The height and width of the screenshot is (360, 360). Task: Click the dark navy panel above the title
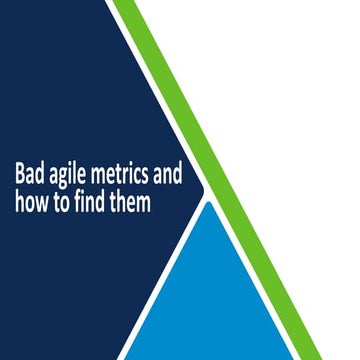[80, 80]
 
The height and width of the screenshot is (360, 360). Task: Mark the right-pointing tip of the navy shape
[203, 188]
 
